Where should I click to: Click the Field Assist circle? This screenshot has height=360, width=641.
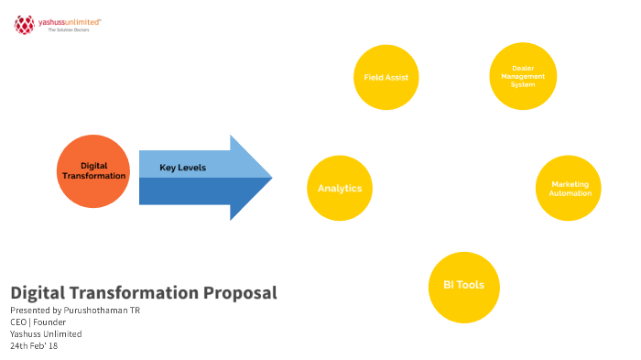click(x=386, y=78)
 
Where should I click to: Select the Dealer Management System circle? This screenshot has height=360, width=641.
click(x=523, y=77)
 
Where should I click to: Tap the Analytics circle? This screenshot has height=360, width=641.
click(x=340, y=189)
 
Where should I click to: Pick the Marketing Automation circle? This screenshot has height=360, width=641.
click(x=570, y=189)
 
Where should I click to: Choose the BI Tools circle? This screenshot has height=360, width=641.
click(x=463, y=285)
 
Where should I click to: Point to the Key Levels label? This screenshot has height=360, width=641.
click(x=183, y=168)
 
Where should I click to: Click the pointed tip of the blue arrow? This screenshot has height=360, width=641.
click(x=270, y=178)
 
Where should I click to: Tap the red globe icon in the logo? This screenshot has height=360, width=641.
click(x=24, y=25)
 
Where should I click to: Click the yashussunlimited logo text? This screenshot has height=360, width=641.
click(x=70, y=20)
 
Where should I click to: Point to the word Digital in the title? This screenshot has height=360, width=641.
click(x=38, y=293)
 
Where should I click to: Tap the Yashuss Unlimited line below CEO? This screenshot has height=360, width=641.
click(x=44, y=333)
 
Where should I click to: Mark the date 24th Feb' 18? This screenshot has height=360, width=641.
click(x=34, y=345)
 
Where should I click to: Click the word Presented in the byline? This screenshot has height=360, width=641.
click(x=28, y=311)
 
